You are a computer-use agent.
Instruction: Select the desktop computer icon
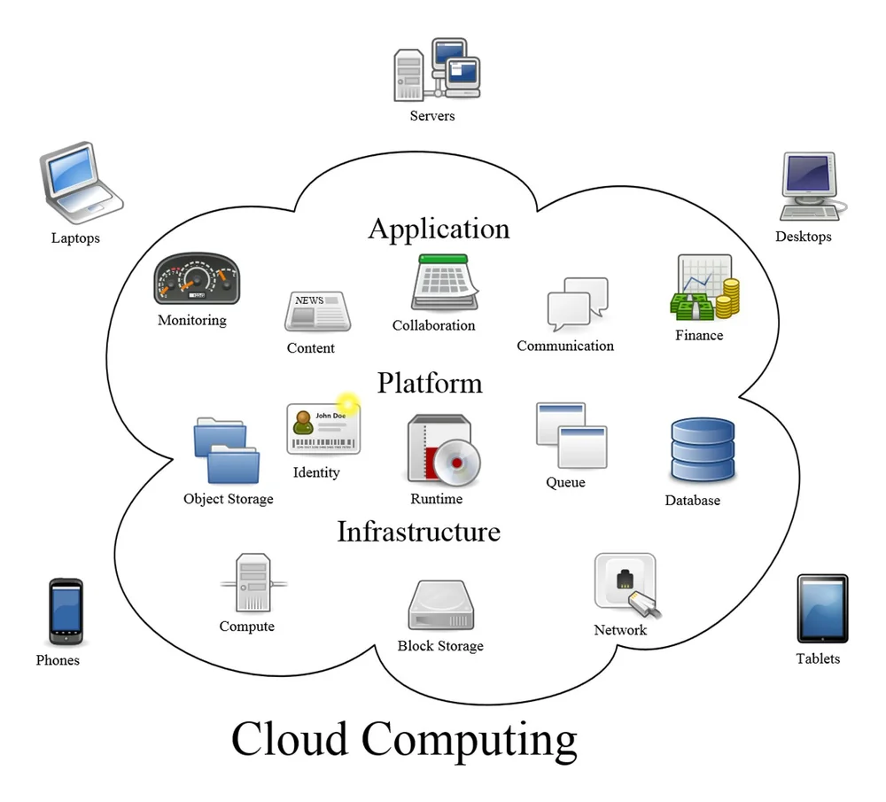point(808,186)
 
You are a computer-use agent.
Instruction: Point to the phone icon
point(65,611)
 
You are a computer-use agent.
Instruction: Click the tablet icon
point(821,608)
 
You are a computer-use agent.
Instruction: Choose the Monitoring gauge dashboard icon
point(196,279)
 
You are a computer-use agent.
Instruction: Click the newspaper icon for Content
point(316,312)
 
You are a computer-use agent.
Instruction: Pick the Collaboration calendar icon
point(445,283)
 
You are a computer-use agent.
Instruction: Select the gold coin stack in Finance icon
point(727,299)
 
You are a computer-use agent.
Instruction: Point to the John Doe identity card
point(323,429)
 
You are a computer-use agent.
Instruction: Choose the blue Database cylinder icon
point(702,450)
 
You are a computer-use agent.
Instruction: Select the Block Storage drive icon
point(440,605)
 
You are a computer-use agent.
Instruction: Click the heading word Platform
point(430,383)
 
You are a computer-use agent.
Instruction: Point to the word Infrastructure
point(418,532)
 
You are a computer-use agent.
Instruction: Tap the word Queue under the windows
point(565,482)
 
